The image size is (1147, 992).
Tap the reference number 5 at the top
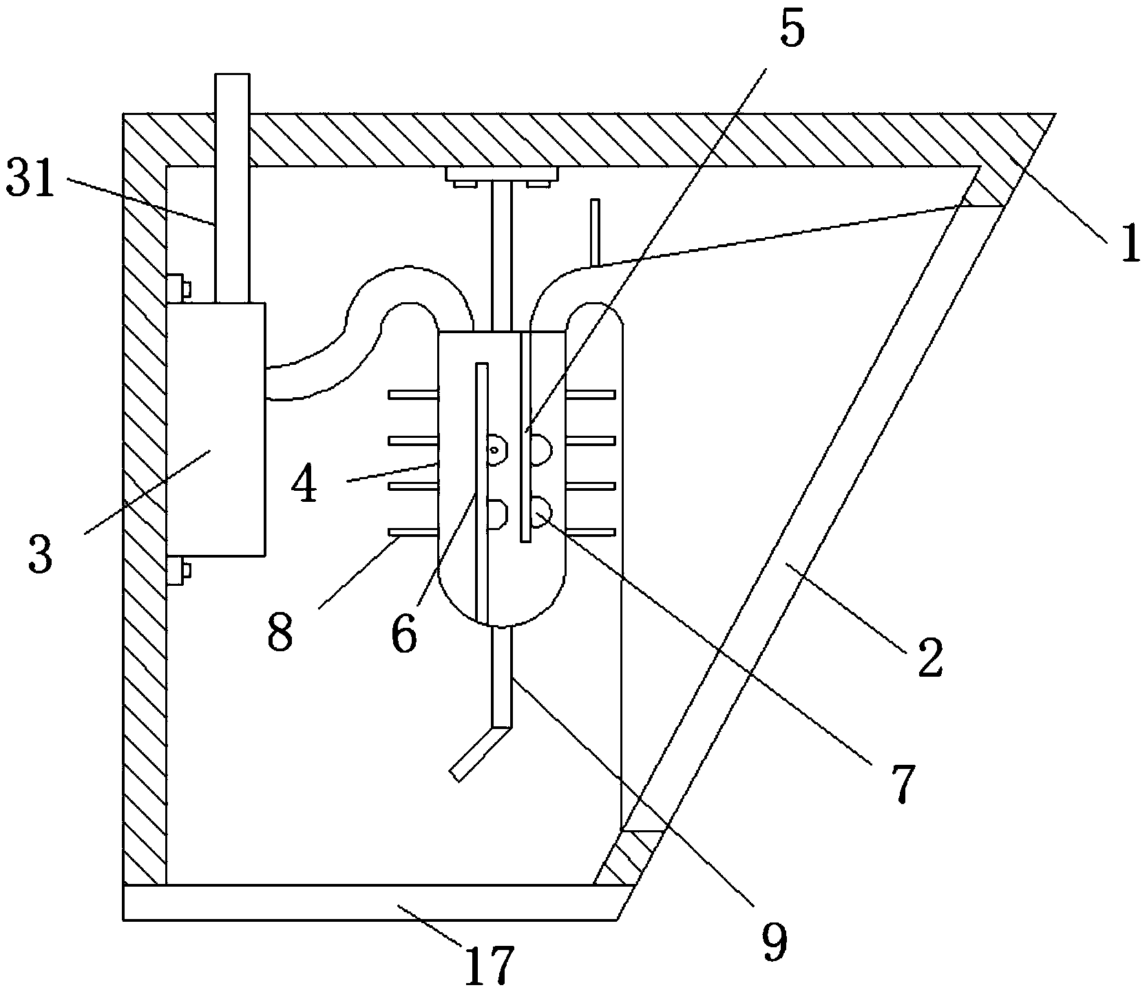click(792, 29)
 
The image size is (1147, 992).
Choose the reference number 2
click(930, 659)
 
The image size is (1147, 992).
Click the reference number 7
click(901, 783)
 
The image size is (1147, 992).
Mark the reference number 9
click(773, 944)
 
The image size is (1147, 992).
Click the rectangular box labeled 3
click(215, 429)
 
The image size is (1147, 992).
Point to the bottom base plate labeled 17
click(372, 903)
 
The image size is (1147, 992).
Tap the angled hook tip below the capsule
click(456, 773)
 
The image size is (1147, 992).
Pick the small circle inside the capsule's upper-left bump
click(494, 450)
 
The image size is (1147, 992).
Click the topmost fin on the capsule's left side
click(412, 394)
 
